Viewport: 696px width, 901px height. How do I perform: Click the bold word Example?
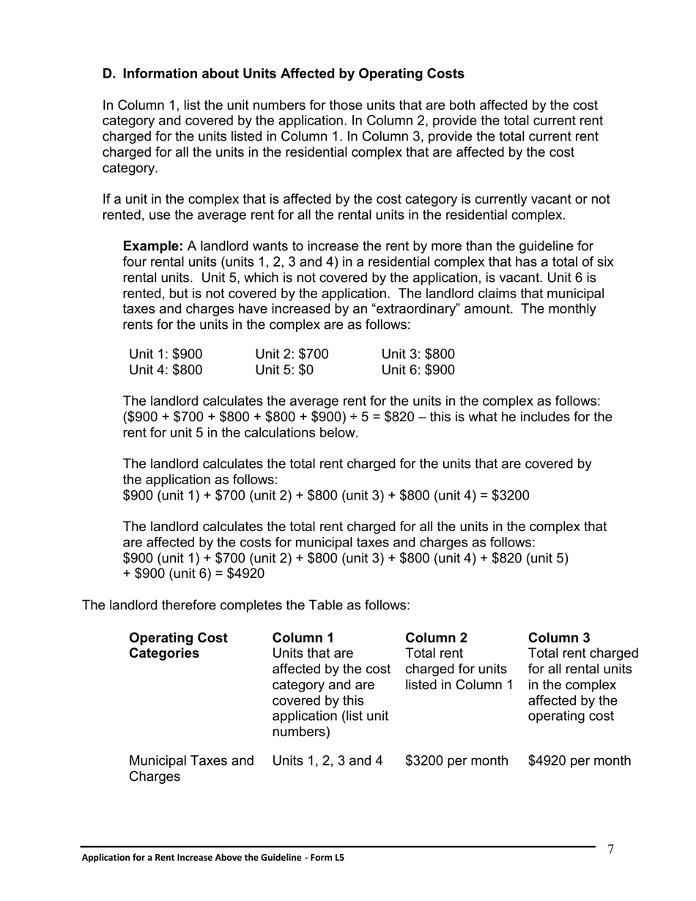152,246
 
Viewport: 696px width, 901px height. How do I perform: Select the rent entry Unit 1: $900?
166,355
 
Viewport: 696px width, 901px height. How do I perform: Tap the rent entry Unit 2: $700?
292,355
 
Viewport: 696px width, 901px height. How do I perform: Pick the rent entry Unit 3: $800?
418,355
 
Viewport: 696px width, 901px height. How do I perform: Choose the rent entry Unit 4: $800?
166,370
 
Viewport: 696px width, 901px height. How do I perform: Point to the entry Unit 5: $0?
284,370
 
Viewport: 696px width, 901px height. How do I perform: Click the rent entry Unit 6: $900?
418,370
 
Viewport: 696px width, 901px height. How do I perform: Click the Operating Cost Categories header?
178,645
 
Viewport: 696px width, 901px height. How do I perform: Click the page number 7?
610,850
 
